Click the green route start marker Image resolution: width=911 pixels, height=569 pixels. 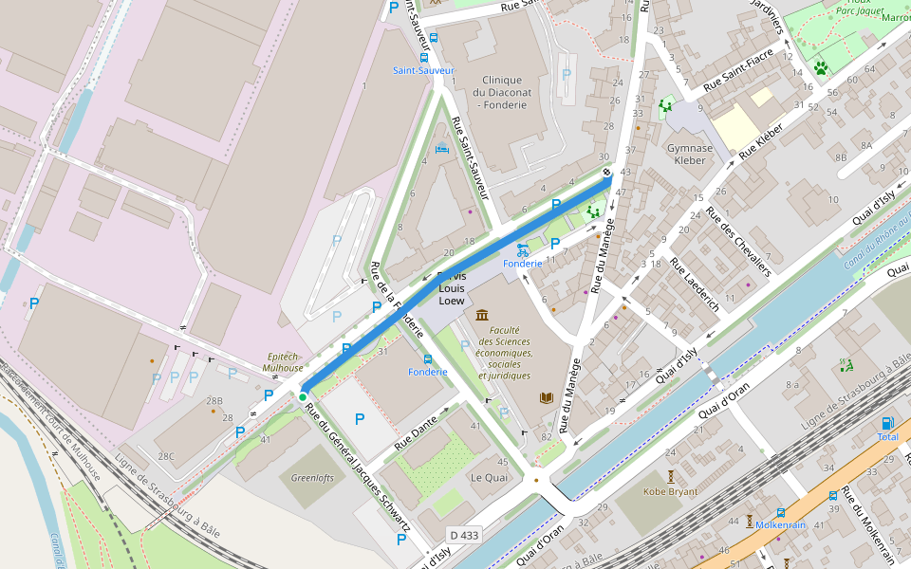[x=303, y=397]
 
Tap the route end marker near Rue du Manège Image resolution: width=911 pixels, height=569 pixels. [x=607, y=173]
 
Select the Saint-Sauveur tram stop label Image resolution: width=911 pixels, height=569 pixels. [x=423, y=70]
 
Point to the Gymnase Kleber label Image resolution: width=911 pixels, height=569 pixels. [x=690, y=154]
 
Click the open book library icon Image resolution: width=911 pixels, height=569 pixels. [x=546, y=398]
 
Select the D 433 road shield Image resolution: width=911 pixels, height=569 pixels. [x=464, y=536]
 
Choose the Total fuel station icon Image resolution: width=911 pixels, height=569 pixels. [x=887, y=423]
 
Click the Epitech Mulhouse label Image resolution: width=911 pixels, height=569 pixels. [x=283, y=361]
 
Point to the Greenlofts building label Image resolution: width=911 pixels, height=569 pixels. [x=313, y=478]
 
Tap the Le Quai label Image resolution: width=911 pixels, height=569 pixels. [x=489, y=477]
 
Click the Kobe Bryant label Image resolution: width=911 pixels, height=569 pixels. [x=670, y=491]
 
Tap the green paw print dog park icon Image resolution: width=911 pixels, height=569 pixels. [x=820, y=68]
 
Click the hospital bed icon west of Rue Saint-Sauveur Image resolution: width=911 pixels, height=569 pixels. [x=442, y=148]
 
